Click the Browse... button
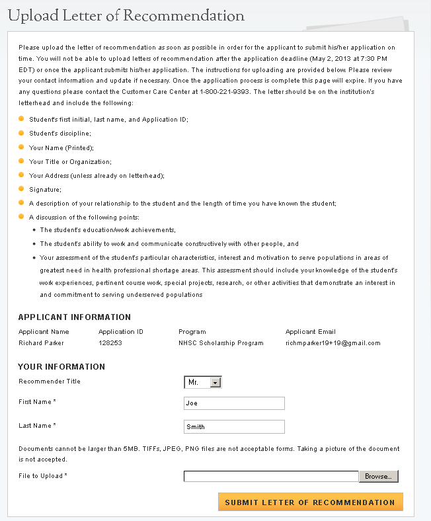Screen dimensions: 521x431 pyautogui.click(x=378, y=476)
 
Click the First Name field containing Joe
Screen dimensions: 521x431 pyautogui.click(x=234, y=403)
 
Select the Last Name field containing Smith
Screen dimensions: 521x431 pyautogui.click(x=234, y=426)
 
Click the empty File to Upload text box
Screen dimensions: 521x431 pyautogui.click(x=271, y=476)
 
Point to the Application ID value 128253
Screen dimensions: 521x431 pyautogui.click(x=110, y=343)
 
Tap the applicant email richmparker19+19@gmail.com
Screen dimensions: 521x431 pyautogui.click(x=333, y=343)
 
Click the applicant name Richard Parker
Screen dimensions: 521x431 pyautogui.click(x=42, y=343)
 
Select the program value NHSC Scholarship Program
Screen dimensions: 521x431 pyautogui.click(x=221, y=343)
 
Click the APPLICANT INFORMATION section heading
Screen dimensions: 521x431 pyautogui.click(x=75, y=317)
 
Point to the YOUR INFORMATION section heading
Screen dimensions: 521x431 pyautogui.click(x=61, y=366)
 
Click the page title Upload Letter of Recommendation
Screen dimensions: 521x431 pyautogui.click(x=126, y=15)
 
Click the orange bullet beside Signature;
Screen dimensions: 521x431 pyautogui.click(x=21, y=189)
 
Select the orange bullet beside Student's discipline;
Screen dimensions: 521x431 pyautogui.click(x=21, y=133)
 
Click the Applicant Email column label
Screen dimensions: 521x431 pyautogui.click(x=310, y=331)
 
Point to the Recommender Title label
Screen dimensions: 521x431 pyautogui.click(x=50, y=381)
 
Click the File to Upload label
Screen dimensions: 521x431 pyautogui.click(x=42, y=476)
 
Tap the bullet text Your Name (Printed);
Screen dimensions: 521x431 pyautogui.click(x=61, y=147)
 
